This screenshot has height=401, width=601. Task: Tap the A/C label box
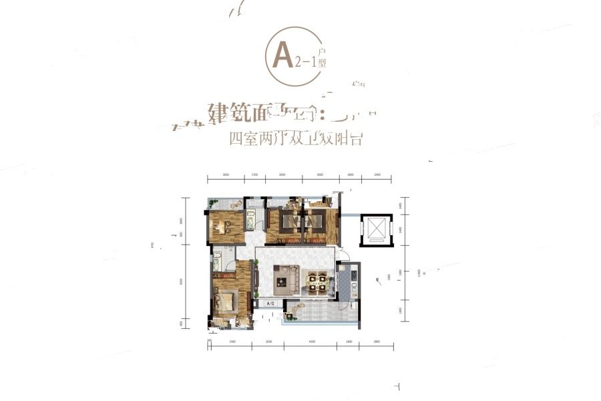271,303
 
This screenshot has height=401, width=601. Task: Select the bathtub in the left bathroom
218,263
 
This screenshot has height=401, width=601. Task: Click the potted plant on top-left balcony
213,203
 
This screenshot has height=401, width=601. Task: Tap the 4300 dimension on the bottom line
312,342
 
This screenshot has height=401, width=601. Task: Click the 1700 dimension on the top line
254,174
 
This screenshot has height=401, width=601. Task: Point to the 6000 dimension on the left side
181,281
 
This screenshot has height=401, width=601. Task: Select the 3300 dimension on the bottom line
232,342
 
